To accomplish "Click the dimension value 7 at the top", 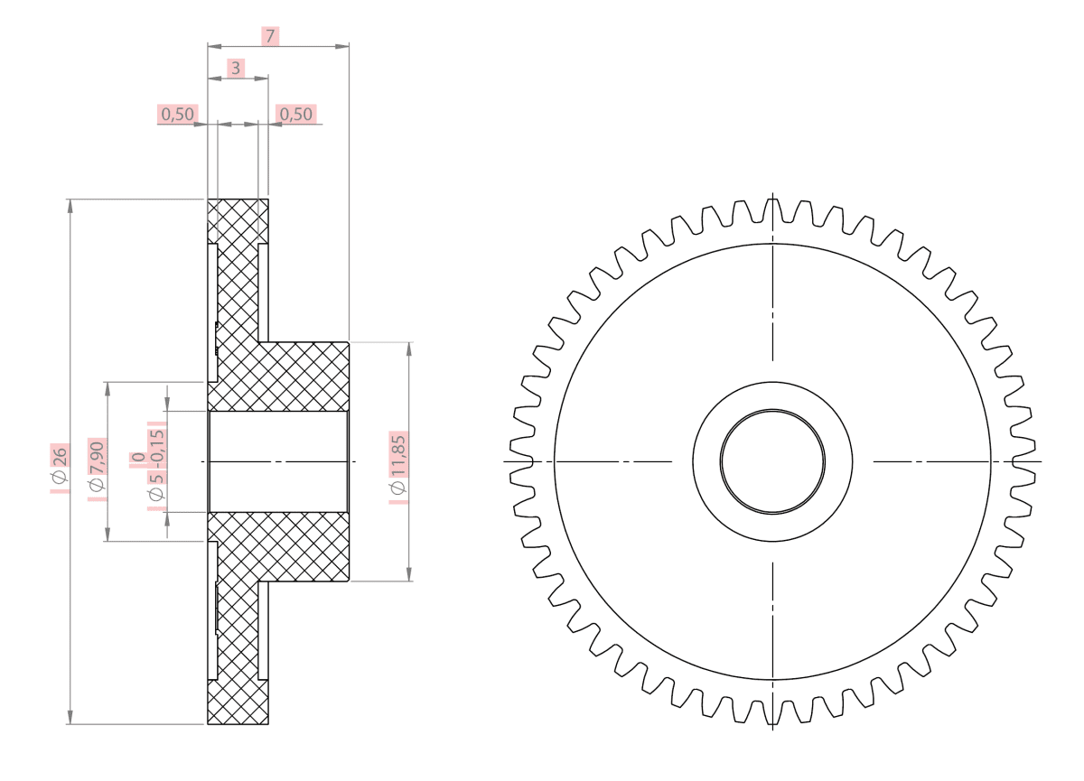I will (269, 36).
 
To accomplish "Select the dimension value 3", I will (235, 68).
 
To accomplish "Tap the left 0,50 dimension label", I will (178, 114).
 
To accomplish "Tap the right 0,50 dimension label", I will (296, 114).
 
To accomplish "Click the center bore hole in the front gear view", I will (772, 461).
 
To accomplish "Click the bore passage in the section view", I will (278, 461).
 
